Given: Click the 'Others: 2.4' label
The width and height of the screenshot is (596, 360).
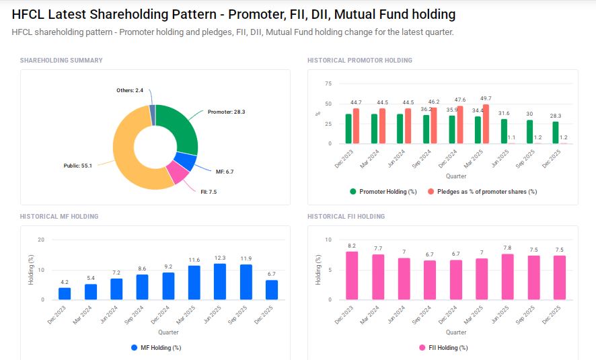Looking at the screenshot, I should [130, 90].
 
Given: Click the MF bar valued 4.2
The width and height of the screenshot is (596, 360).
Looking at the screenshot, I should [65, 293].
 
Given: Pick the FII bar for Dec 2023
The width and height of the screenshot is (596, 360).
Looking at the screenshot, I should [352, 276].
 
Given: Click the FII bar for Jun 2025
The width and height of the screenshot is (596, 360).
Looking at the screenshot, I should [507, 277].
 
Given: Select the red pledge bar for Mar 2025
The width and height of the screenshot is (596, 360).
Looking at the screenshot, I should [486, 124].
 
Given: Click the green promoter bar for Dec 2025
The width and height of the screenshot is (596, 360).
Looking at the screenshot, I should [556, 133].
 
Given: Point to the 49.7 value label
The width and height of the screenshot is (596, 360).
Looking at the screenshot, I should [486, 98].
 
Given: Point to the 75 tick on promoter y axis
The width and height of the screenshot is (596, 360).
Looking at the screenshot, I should [328, 83].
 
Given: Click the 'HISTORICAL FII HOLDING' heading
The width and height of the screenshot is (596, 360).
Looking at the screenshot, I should [346, 217].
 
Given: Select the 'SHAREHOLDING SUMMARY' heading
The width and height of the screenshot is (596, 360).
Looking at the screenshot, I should [61, 61].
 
